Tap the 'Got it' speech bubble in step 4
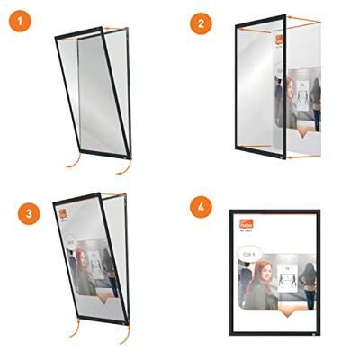pyautogui.click(x=252, y=256)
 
